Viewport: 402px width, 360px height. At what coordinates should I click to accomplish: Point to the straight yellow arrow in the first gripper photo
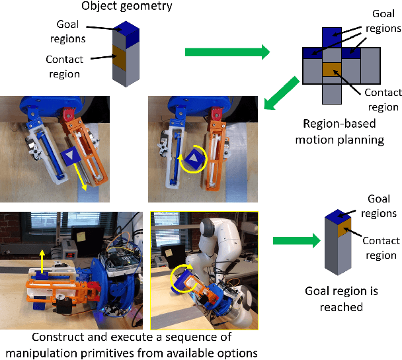click(x=84, y=177)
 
